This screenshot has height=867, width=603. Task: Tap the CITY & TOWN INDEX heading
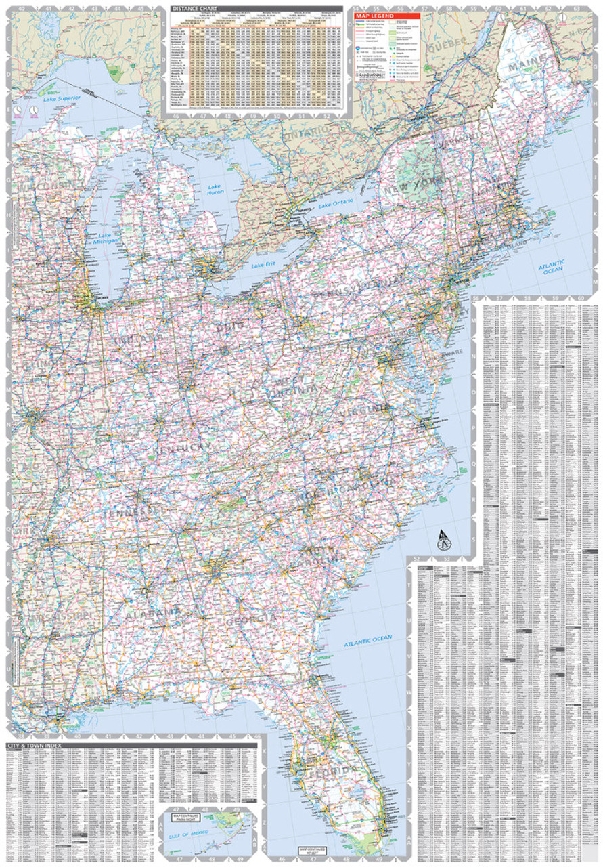click(x=32, y=746)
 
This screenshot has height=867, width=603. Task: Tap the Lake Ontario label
click(x=334, y=204)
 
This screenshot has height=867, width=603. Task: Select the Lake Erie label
click(x=264, y=266)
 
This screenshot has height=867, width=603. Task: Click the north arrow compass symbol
click(x=443, y=540)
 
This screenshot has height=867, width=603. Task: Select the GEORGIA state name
click(x=250, y=620)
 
